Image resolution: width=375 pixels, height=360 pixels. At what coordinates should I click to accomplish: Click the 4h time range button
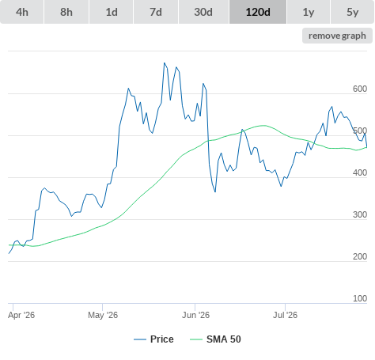pos(22,12)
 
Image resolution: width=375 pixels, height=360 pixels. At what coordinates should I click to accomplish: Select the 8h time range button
pos(66,12)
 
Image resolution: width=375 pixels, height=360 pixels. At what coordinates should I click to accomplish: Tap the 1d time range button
pos(112,12)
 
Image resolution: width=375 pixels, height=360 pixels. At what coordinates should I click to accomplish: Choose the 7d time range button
pos(156,12)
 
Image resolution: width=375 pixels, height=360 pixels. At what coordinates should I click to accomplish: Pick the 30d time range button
pos(203,12)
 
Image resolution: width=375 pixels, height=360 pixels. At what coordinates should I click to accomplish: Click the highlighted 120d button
pos(258,12)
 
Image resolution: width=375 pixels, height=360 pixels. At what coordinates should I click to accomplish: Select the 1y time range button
pos(309,12)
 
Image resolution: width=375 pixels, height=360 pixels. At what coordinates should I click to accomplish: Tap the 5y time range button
pos(352,12)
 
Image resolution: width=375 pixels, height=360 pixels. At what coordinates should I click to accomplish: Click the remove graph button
pos(337,36)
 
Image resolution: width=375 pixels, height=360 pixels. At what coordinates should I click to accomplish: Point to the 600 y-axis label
pos(360,89)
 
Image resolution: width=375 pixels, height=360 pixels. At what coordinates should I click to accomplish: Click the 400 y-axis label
pos(360,172)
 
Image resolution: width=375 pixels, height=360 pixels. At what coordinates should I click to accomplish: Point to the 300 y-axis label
pos(360,214)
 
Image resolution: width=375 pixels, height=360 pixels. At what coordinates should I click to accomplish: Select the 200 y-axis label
pos(360,256)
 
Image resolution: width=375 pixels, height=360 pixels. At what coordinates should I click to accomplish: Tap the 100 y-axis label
pos(360,298)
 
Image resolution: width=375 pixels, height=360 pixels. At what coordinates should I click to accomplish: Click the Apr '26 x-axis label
pos(21,315)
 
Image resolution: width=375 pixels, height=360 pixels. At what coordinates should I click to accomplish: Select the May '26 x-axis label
pos(103,315)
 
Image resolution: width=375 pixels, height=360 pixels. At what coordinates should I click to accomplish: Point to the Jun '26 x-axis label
pos(195,315)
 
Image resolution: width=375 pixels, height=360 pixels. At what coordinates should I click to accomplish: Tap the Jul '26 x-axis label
pos(285,315)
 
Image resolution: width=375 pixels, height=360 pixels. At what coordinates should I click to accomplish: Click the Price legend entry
pos(153,339)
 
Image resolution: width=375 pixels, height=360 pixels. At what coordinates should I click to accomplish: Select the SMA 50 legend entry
pos(215,339)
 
